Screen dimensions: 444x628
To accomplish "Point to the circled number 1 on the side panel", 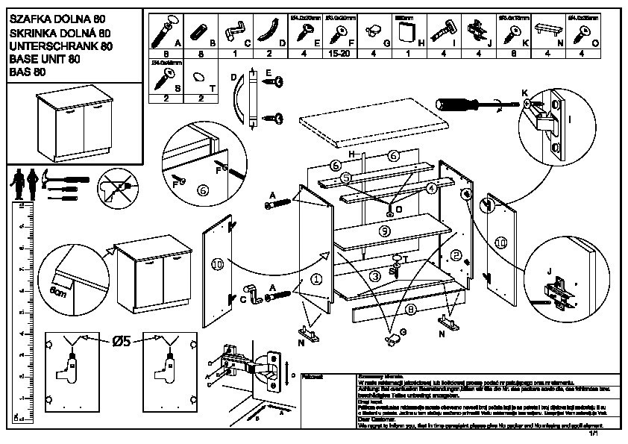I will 315,280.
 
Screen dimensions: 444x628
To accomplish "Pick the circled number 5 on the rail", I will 345,178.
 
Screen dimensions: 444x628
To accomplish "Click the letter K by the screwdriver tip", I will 525,93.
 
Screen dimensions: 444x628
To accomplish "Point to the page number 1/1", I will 594,432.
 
